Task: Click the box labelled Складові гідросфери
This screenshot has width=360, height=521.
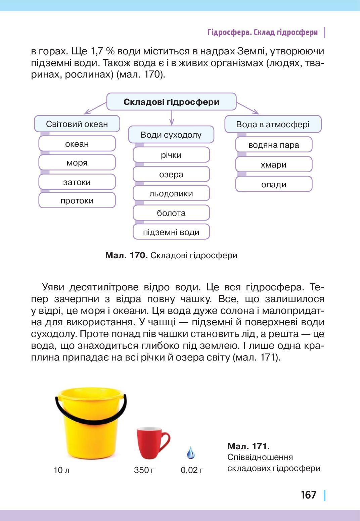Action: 171,102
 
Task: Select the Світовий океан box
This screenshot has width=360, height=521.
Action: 77,124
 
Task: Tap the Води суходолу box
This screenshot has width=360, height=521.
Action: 171,135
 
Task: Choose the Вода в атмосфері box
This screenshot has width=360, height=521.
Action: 273,124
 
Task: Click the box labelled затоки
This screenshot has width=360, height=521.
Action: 77,182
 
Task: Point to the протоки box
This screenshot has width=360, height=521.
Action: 77,200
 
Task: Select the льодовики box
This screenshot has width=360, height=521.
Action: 171,193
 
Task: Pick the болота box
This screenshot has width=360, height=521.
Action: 171,213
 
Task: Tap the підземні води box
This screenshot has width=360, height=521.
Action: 171,232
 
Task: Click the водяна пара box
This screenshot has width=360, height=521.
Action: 274,145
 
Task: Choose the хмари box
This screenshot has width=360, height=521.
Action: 274,164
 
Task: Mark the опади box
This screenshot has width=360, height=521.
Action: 274,184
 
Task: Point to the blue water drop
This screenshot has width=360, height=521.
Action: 190,453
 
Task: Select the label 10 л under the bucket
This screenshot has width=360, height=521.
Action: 61,470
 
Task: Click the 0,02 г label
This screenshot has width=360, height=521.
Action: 192,470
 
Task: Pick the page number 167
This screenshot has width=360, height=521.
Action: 309,495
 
